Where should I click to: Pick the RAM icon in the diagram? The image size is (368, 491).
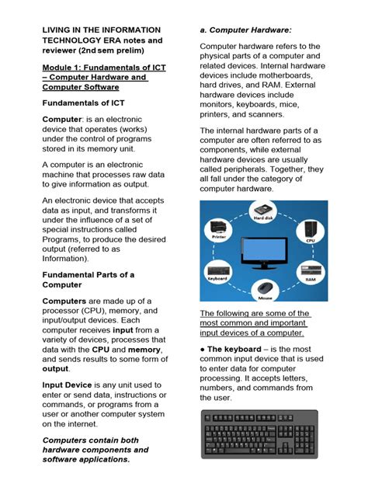click(x=309, y=269)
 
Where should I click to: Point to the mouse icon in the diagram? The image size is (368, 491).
click(x=264, y=289)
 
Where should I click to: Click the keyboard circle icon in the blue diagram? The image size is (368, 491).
click(x=217, y=269)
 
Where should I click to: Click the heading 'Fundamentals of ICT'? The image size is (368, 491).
click(x=83, y=103)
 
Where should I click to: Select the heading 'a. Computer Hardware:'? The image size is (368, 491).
click(x=244, y=30)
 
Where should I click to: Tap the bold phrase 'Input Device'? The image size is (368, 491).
click(x=70, y=385)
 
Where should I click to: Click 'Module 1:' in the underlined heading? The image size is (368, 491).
click(x=65, y=67)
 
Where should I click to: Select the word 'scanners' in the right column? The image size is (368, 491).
click(x=269, y=114)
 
